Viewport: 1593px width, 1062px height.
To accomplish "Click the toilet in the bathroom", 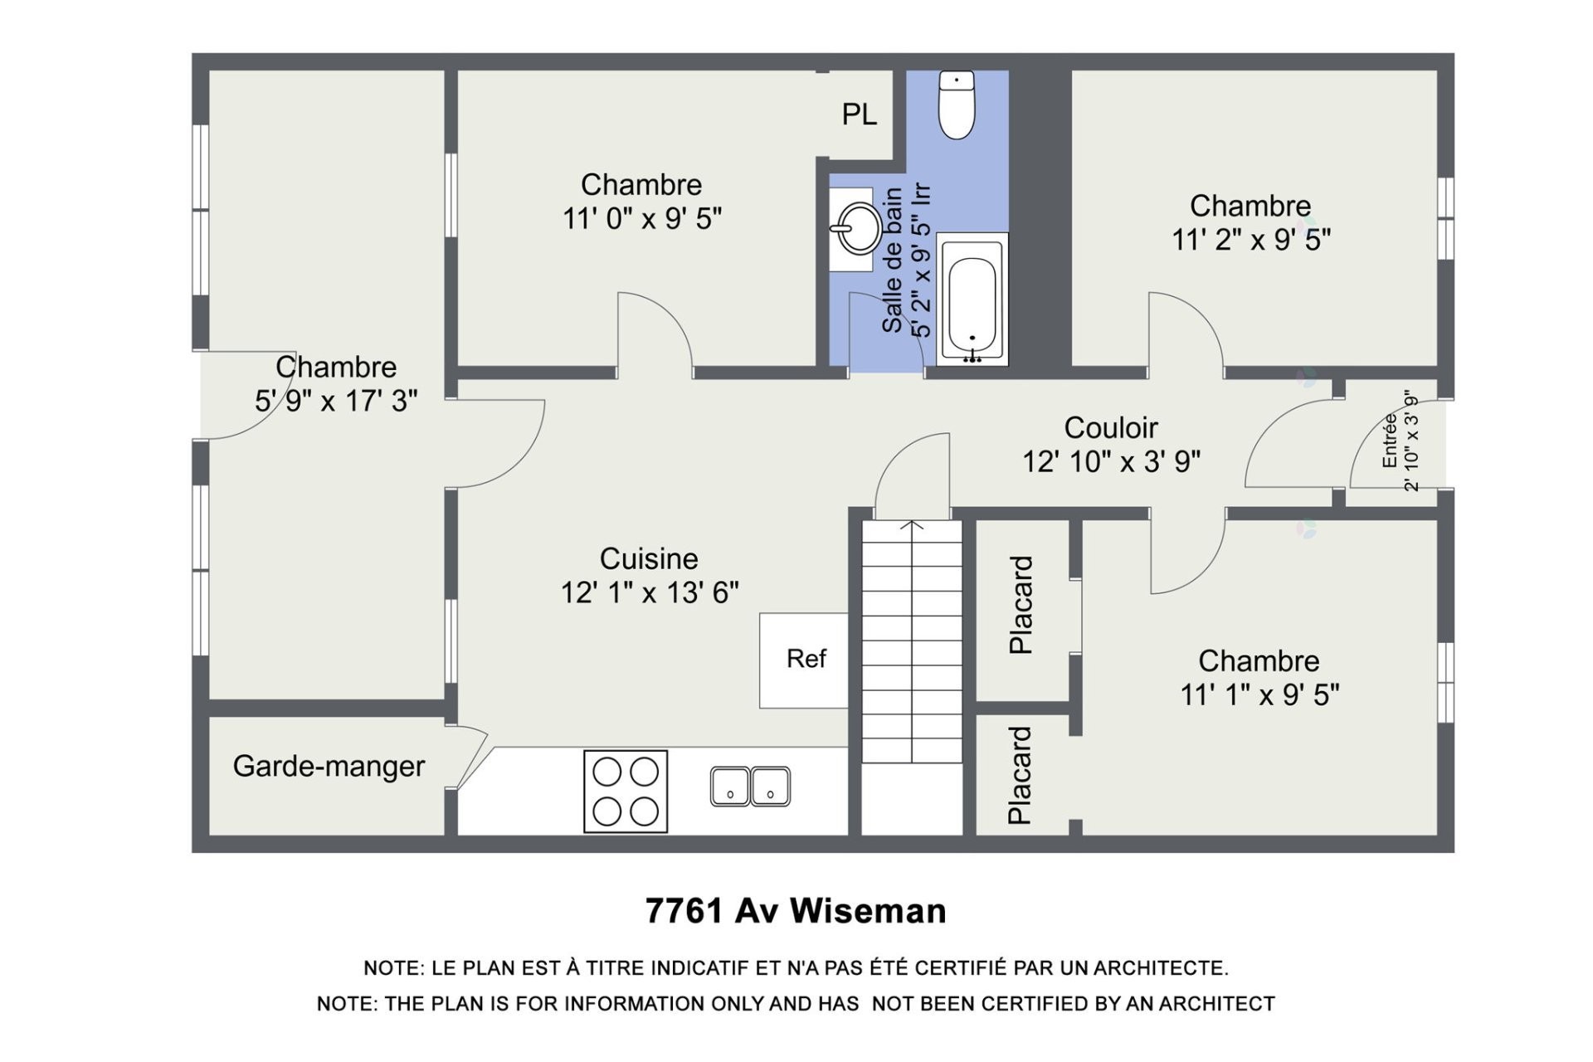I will (956, 105).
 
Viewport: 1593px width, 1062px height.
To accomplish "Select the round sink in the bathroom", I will (857, 228).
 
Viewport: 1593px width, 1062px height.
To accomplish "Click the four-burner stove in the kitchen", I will (626, 791).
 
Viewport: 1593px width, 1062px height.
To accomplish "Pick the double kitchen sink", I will (750, 787).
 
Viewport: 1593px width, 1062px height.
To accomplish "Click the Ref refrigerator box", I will (805, 660).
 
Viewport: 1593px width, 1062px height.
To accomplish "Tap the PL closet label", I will (859, 114).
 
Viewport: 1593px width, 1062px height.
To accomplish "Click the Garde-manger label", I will (329, 766).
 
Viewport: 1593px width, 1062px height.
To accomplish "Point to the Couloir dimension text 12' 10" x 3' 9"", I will (1111, 462).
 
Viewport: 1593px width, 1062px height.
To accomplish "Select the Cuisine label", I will (649, 558).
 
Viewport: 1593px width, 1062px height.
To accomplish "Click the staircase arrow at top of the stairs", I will (912, 525).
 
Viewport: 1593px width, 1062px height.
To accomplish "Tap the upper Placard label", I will (1021, 605).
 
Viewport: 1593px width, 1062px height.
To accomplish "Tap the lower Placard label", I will (1020, 775).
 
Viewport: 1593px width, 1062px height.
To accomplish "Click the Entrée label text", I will (1390, 441).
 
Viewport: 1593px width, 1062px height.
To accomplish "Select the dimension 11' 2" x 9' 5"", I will (1250, 241).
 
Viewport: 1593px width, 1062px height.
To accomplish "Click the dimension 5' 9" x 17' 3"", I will (335, 402).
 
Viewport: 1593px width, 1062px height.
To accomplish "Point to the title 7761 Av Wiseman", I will (796, 911).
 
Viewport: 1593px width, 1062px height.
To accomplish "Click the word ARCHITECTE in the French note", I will (1160, 968).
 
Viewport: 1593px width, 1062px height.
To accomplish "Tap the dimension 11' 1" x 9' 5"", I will (1259, 695).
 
